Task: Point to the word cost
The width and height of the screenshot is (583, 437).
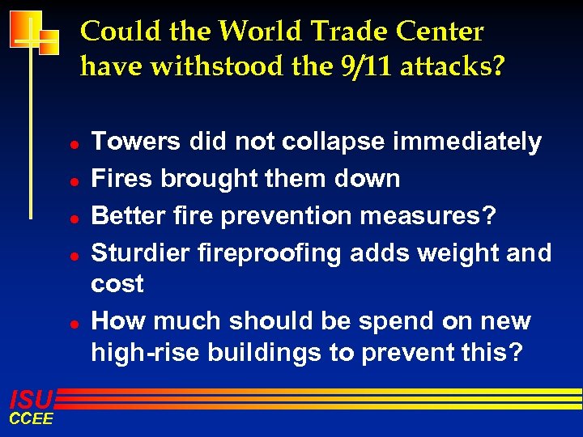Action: point(117,285)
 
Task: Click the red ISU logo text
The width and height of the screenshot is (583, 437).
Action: point(31,398)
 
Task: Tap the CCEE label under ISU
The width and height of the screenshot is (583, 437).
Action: point(31,418)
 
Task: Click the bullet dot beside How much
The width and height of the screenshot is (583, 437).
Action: point(73,323)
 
